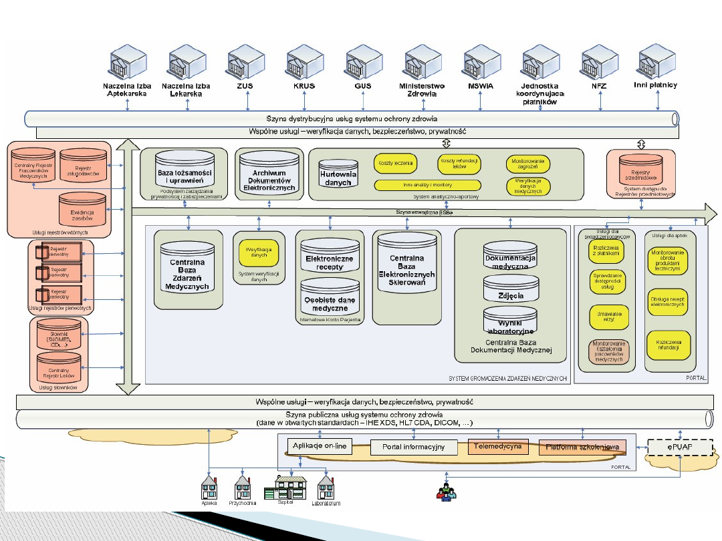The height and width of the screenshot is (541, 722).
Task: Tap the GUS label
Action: click(363, 86)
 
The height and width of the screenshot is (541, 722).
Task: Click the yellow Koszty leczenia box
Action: click(395, 162)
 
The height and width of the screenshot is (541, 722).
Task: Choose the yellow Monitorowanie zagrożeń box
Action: click(528, 162)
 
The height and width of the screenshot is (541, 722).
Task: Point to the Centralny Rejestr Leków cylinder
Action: click(59, 369)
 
